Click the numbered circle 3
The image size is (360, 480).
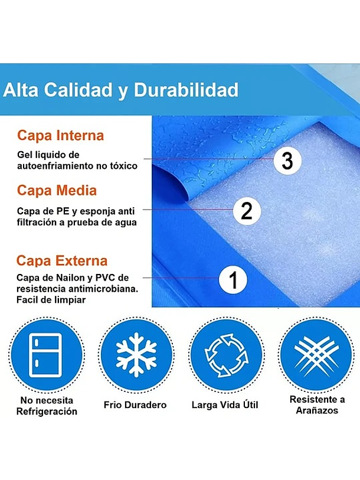click(287, 161)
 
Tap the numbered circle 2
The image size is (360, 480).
click(247, 211)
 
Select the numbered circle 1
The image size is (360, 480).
click(233, 279)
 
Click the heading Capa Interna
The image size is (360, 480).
click(60, 135)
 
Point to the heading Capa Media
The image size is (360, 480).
click(57, 190)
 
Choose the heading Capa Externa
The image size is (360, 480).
click(62, 260)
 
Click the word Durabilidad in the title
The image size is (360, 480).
click(186, 90)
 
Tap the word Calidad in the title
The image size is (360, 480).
click(78, 90)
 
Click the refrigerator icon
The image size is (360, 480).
click(45, 355)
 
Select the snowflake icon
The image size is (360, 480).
click(136, 354)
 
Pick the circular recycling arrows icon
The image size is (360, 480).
click(226, 355)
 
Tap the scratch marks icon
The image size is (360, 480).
click(316, 354)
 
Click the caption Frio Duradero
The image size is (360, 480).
click(135, 405)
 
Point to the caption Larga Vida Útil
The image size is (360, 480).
click(225, 404)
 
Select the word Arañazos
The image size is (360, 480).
click(317, 410)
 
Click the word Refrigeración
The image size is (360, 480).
click(47, 412)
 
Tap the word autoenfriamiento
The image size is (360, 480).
click(55, 166)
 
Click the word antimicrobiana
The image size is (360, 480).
click(103, 289)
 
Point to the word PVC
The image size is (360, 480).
click(105, 277)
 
